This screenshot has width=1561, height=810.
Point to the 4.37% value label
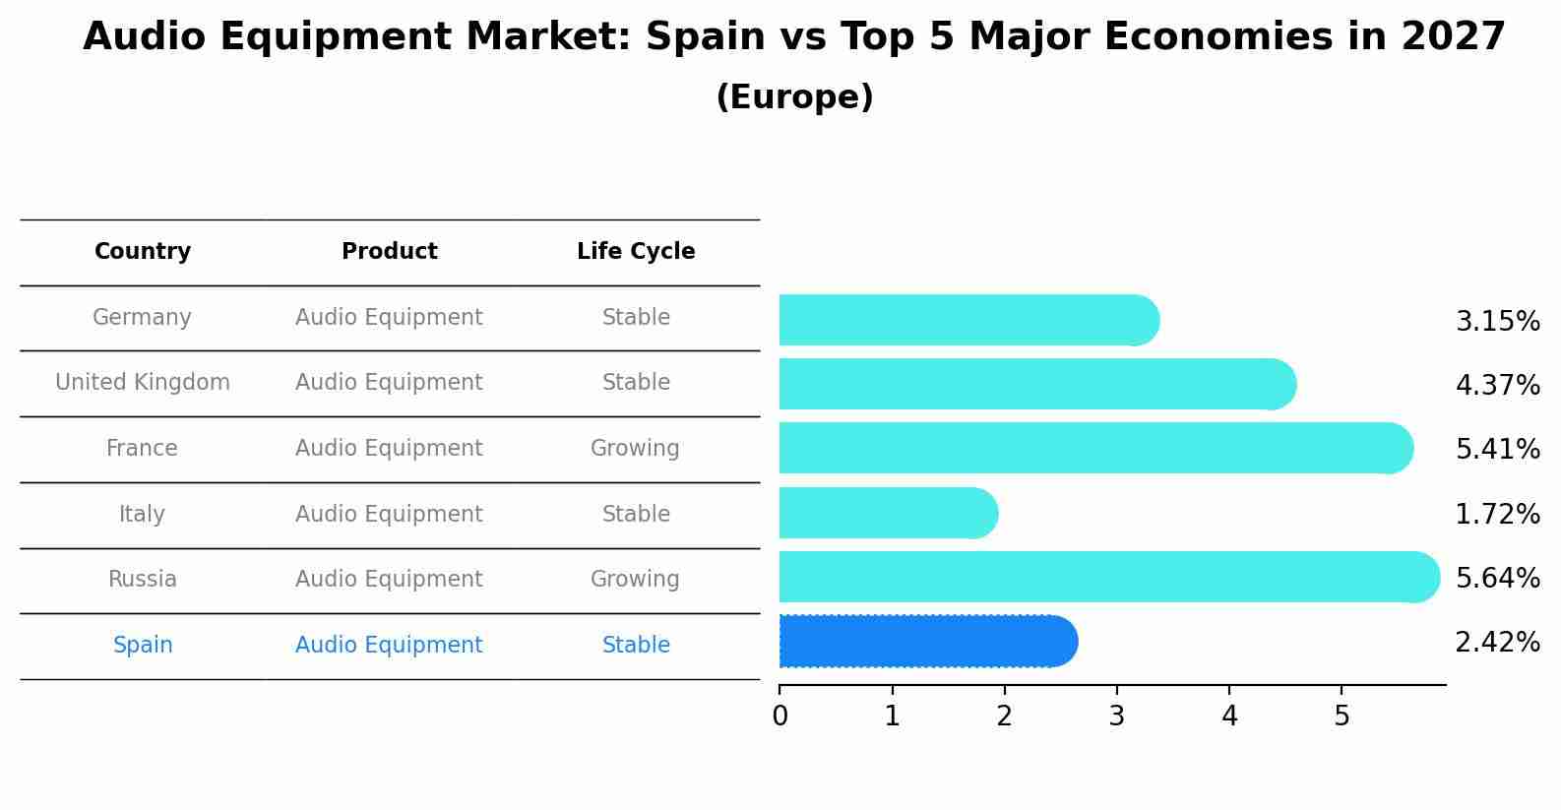pos(1497,385)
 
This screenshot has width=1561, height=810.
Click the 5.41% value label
pos(1497,449)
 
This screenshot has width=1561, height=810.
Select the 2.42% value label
pos(1497,643)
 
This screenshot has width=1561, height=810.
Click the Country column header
pos(143,252)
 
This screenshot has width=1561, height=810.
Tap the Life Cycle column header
pos(636,252)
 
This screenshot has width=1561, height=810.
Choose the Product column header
pos(389,252)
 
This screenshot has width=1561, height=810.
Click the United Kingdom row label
pos(143,383)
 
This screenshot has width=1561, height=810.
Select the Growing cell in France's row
pos(635,449)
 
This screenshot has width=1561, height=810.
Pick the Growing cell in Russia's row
pos(635,580)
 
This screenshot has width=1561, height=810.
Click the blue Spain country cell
pos(143,646)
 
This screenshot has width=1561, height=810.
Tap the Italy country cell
pos(142,515)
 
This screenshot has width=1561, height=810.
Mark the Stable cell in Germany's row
pos(636,318)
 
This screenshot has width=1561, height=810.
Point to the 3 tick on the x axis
pos(1116,717)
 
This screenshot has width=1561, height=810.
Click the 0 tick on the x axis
pos(780,717)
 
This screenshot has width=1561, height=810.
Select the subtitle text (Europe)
pos(794,97)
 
